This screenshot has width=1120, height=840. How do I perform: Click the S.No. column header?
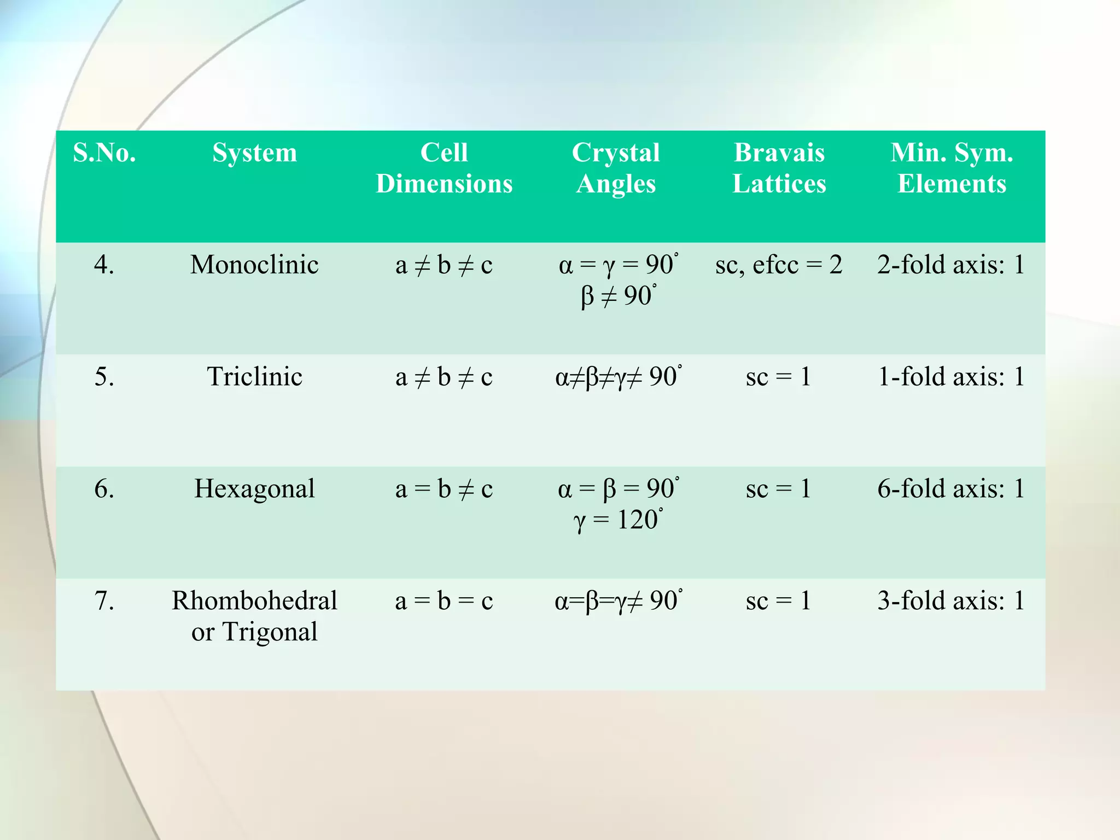coord(104,153)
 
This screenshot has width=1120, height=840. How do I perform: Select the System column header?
coord(255,153)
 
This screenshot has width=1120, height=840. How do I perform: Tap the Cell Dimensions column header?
coord(444,168)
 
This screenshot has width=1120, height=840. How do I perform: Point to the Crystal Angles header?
coord(616,168)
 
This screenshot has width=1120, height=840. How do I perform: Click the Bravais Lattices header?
coord(779,168)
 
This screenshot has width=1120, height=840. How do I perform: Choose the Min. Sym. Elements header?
coord(952,168)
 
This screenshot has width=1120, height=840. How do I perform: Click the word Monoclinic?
coord(254,265)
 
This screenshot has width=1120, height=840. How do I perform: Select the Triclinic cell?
coord(254,377)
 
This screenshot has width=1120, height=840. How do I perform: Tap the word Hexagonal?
coord(254,489)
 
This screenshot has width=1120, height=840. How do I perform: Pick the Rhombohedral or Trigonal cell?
coord(254,616)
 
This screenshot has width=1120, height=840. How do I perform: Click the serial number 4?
coord(104,265)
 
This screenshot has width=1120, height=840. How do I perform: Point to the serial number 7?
coord(104,601)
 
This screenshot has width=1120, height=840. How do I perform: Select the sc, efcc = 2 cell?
coord(779,265)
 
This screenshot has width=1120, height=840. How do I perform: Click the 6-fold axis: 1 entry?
coord(951,489)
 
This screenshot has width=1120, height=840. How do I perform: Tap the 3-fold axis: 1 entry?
coord(951,601)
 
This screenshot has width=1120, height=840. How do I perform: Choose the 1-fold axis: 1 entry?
coord(951,377)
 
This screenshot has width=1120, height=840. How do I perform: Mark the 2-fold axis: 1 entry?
coord(951,265)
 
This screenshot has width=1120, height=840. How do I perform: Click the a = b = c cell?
coord(444,601)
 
